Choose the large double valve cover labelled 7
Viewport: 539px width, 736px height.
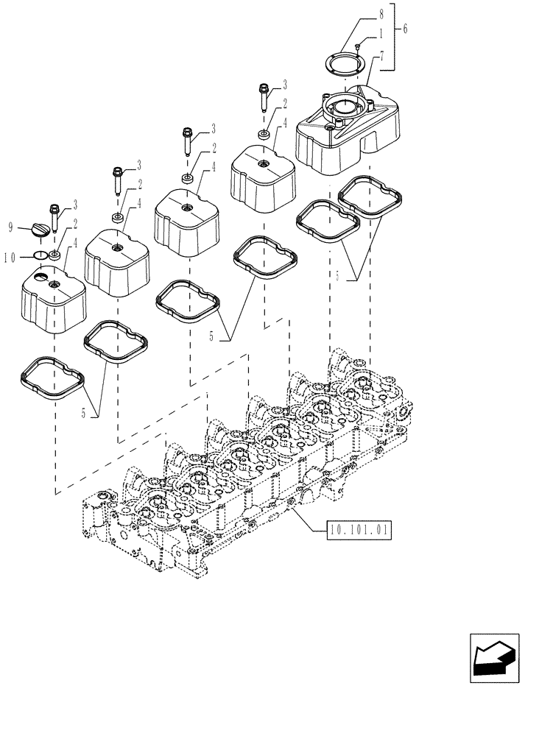click(x=346, y=132)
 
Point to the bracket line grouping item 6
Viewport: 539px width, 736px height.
click(x=395, y=37)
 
